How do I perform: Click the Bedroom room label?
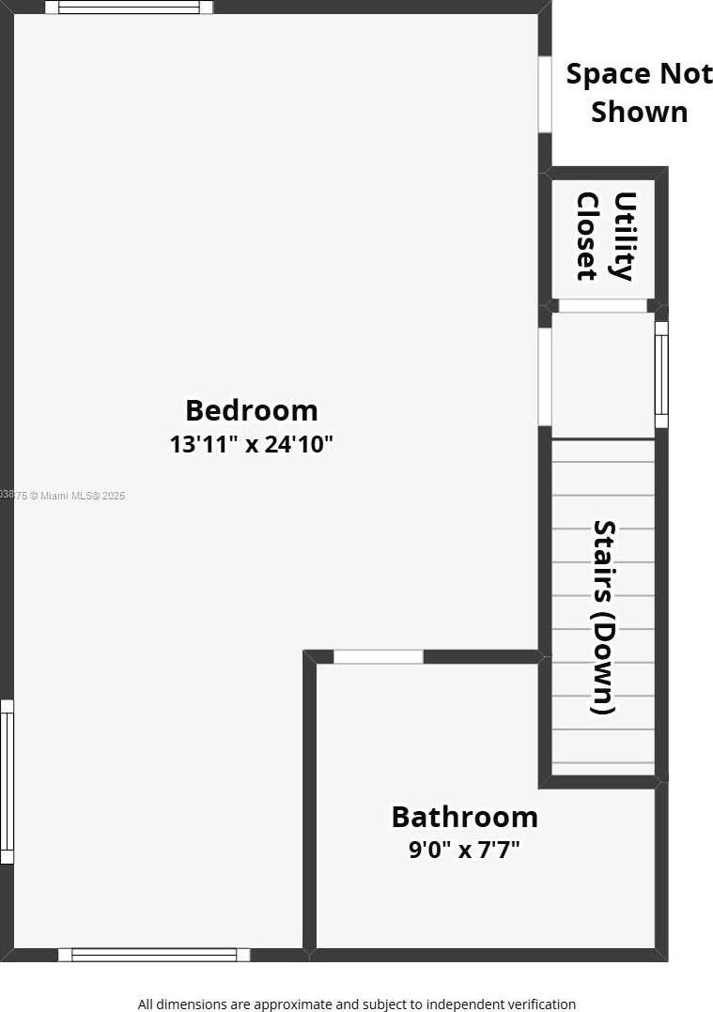pos(251,410)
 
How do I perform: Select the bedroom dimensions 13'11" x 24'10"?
pos(251,444)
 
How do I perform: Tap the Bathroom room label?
pos(464,817)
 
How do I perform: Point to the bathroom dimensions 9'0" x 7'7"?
pos(464,851)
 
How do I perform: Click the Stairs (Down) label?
pos(604,617)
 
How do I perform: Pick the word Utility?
pos(624,236)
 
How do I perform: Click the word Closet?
pos(587,236)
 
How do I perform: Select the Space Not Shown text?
pos(639,92)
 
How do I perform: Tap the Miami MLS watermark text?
pos(64,495)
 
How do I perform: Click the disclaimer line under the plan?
pos(356,1004)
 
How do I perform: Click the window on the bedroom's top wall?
pos(129,8)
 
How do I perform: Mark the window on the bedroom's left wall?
pos(7,781)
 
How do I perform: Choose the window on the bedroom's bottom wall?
pos(154,955)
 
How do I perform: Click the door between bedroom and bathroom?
pos(379,657)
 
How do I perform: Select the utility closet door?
pos(602,306)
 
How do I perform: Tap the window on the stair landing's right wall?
pos(661,375)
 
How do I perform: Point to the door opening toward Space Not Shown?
pos(545,95)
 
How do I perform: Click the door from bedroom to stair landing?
pos(545,376)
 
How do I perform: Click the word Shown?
pos(639,112)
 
